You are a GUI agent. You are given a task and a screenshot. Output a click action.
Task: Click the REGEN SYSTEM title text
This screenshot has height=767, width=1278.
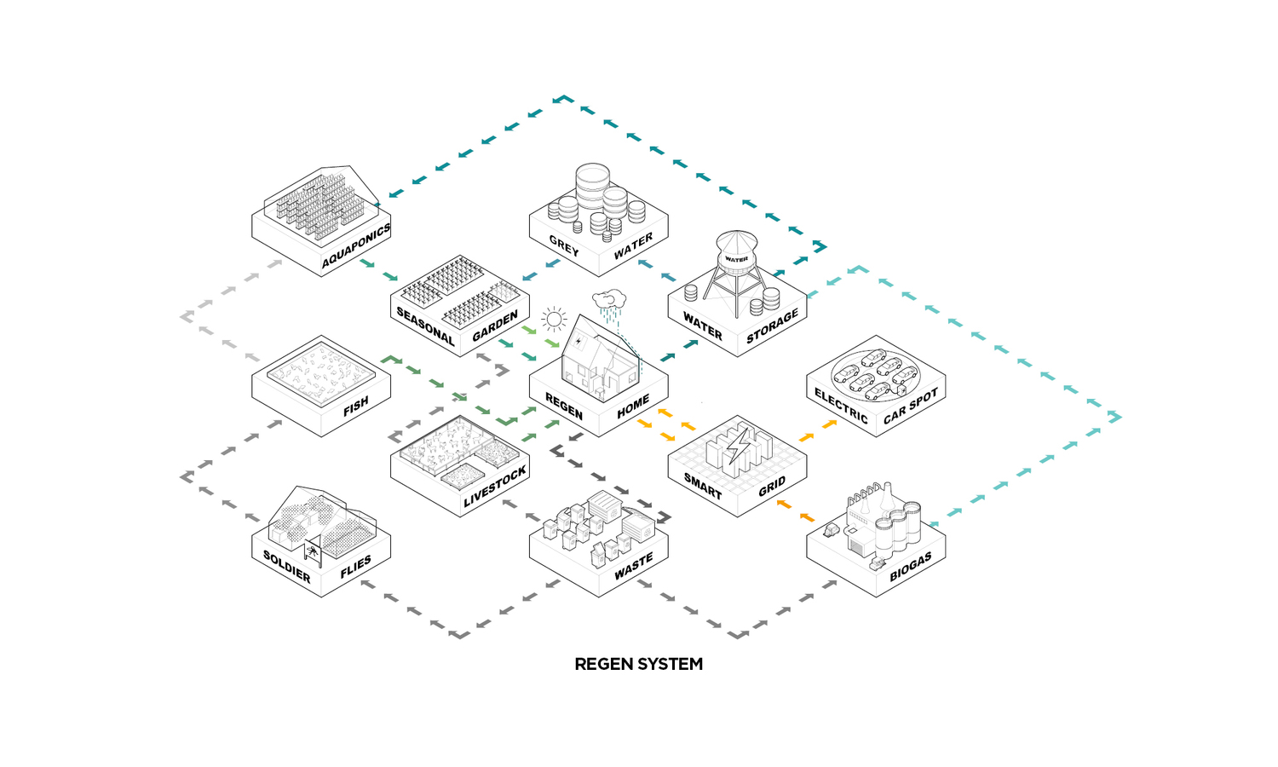(x=638, y=664)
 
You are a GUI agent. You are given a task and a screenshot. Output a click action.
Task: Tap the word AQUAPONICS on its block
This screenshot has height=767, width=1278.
(x=356, y=245)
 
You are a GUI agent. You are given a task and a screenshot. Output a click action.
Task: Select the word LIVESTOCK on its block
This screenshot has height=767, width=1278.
(x=495, y=487)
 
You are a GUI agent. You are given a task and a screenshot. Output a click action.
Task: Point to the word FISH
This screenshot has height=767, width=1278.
(x=356, y=406)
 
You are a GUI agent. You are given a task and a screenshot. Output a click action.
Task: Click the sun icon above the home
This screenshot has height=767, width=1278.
(x=554, y=320)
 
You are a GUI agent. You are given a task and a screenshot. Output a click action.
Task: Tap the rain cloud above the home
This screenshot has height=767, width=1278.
(x=610, y=301)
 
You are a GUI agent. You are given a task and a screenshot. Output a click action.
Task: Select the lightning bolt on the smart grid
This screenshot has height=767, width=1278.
(x=739, y=447)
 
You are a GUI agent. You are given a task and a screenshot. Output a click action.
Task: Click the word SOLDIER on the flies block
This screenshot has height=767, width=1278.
(x=287, y=566)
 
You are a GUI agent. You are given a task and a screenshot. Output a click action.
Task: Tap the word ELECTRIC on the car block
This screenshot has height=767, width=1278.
(x=841, y=406)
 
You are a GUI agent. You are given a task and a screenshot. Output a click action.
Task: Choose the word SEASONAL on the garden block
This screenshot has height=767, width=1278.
(x=426, y=326)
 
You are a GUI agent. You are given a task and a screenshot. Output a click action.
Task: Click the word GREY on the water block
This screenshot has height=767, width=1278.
(x=564, y=245)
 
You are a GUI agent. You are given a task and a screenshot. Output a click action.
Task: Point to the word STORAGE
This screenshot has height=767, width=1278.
(x=773, y=326)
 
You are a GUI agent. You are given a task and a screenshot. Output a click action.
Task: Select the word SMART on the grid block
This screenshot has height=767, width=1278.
(x=703, y=486)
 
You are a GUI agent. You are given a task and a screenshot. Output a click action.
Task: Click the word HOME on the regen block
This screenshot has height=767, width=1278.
(x=633, y=407)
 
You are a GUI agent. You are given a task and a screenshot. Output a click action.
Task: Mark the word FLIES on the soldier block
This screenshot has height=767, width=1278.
(x=356, y=567)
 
